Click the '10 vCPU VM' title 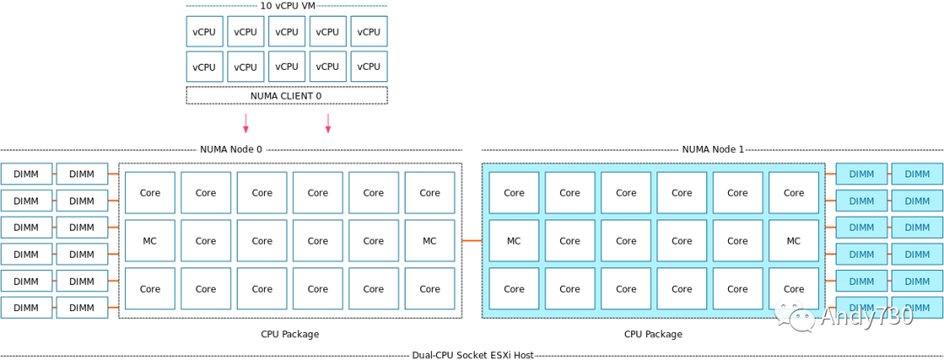pos(287,5)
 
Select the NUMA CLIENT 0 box pos(287,95)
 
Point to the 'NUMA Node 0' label pos(231,149)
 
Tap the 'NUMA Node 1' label pos(712,149)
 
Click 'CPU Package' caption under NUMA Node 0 pos(289,334)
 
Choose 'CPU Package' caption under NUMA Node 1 pos(653,334)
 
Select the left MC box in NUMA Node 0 pos(150,241)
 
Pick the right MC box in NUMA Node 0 pos(429,241)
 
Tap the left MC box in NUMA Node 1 pos(514,241)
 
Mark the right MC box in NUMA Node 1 pos(794,241)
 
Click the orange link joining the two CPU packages pos(471,240)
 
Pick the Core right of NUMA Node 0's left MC pos(206,241)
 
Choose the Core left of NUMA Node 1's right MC pos(738,241)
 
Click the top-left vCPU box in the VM pos(204,31)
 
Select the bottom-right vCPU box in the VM pos(369,66)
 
